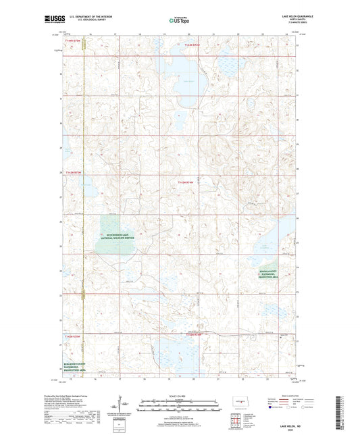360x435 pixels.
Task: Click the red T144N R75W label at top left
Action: (73, 41)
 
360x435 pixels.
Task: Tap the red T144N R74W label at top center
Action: (192, 45)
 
